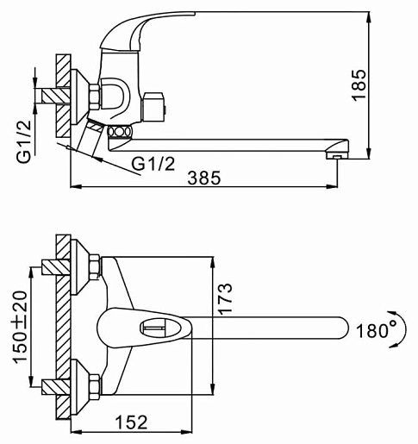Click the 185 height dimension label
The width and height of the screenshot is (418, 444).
(x=359, y=84)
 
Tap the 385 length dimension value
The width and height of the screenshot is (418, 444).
(x=204, y=178)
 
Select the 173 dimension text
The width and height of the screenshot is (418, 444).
(x=225, y=299)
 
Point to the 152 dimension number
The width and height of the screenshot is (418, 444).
(x=131, y=422)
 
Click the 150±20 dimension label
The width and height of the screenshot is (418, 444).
(x=21, y=327)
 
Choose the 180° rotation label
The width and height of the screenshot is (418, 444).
(x=376, y=330)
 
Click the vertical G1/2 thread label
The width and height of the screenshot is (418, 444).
(x=23, y=141)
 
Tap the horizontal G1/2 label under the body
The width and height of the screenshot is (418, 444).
(x=153, y=164)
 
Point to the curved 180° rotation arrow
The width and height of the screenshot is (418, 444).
(x=402, y=329)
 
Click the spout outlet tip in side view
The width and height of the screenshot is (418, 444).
(x=337, y=155)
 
